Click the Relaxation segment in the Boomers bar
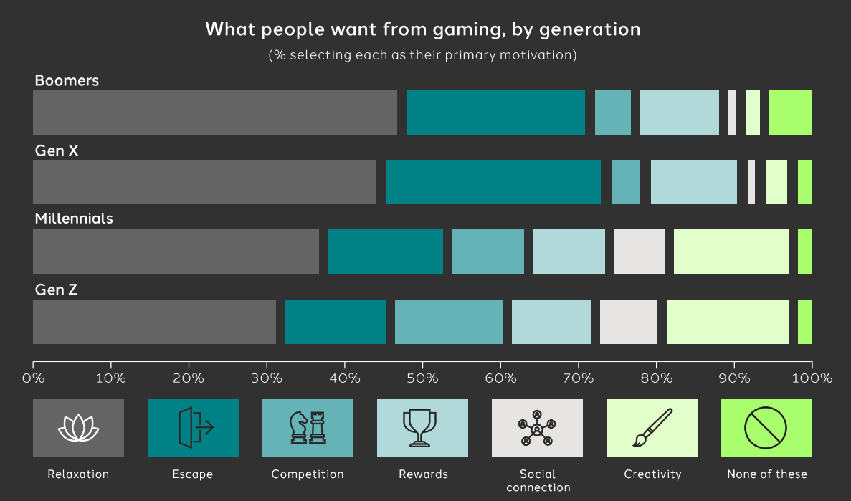pos(215,113)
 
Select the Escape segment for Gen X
pos(493,182)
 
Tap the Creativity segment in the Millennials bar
pos(731,252)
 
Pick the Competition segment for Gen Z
pos(449,322)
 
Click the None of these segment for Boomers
pos(791,113)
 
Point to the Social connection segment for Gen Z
pos(629,322)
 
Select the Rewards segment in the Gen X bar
pos(694,182)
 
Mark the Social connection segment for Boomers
pos(732,113)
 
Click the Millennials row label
pos(74,219)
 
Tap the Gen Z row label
pos(56,290)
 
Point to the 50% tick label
pos(422,378)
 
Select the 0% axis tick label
pos(33,378)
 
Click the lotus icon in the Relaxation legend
pos(78,429)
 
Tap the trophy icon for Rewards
pos(422,429)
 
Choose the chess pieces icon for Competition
pos(308,429)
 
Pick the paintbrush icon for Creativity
pos(652,429)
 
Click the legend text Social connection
pos(538,480)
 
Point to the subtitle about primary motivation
pos(422,55)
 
